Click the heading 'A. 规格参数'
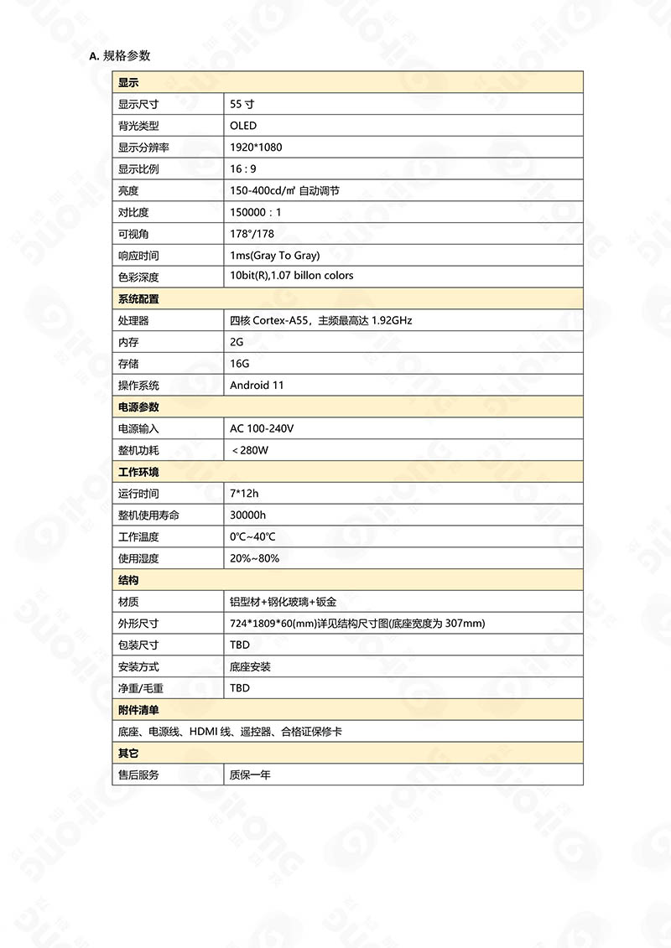(120, 56)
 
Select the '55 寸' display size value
(242, 105)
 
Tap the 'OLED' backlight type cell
(243, 126)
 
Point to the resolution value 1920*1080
(256, 148)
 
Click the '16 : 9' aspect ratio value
(243, 169)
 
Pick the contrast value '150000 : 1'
(256, 213)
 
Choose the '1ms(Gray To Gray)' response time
(274, 256)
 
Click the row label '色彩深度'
(138, 277)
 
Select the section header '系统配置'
(138, 299)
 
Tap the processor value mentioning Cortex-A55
(320, 321)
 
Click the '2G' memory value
(237, 342)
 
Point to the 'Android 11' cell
(257, 386)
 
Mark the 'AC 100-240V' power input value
(262, 429)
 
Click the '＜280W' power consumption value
(250, 451)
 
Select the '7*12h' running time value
(245, 494)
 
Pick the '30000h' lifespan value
(248, 515)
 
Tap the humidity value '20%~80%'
(255, 558)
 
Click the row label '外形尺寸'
(138, 624)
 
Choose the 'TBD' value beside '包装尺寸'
(240, 645)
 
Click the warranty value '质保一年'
(250, 775)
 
